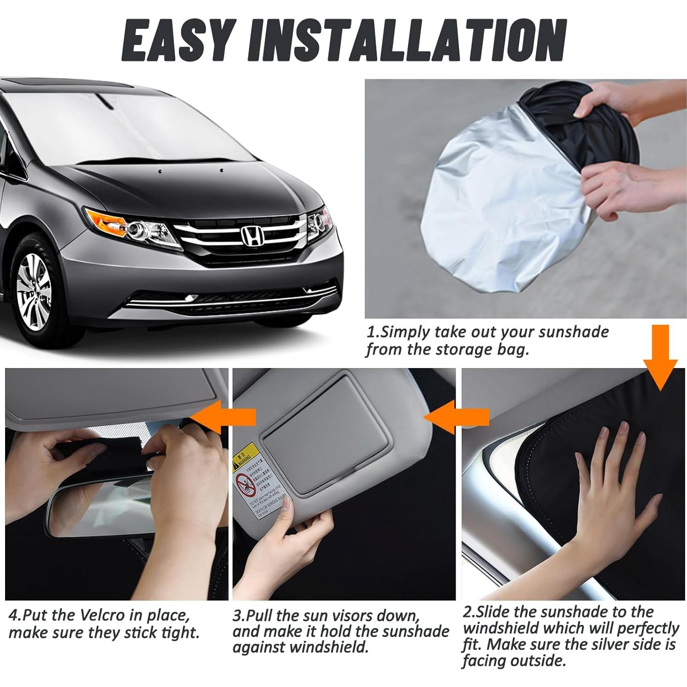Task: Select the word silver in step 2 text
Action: coord(607,645)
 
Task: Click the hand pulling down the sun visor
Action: coord(271,542)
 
